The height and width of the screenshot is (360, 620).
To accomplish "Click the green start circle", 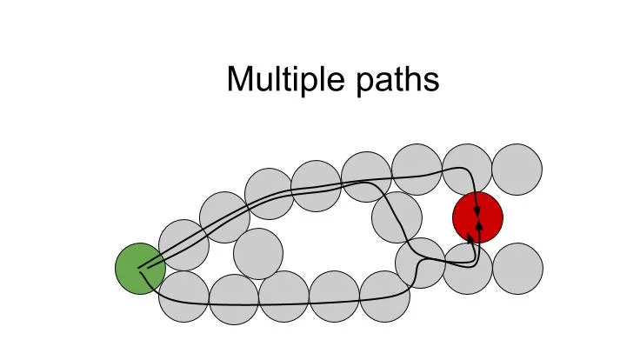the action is (x=140, y=269).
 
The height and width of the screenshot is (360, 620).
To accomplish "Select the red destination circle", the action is (x=477, y=217).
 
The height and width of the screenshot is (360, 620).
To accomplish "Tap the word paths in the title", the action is (x=397, y=80).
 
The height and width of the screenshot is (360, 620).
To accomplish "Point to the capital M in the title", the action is (x=240, y=79).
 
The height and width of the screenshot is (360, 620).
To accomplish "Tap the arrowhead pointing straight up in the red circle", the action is (x=480, y=224).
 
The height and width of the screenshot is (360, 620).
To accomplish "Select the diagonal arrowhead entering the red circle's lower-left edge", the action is (x=470, y=237).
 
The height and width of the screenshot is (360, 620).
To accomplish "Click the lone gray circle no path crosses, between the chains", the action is (x=258, y=254).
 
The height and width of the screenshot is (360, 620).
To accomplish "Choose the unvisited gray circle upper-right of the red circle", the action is (x=517, y=170).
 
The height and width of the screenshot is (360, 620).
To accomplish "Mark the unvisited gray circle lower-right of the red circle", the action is (x=518, y=269).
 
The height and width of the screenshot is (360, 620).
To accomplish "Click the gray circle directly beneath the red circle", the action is (x=467, y=269).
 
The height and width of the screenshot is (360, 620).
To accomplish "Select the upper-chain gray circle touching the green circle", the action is (x=183, y=245).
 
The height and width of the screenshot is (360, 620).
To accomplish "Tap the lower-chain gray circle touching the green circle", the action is (x=183, y=297).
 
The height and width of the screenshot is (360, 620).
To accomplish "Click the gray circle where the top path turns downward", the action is (x=467, y=170).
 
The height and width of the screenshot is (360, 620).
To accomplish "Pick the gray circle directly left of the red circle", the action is (x=397, y=217).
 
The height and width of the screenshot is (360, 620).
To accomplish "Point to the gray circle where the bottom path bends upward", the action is (x=420, y=263).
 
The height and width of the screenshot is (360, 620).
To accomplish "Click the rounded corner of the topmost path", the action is (x=467, y=170).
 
